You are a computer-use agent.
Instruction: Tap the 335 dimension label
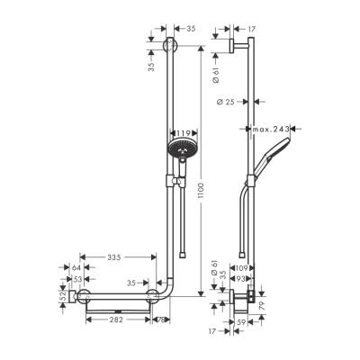point(112,257)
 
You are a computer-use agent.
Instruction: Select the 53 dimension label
point(77,280)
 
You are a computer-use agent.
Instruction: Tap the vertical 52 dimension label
point(62,296)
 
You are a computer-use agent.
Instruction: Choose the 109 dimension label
point(241,268)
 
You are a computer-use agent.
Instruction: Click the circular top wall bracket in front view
point(173,49)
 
